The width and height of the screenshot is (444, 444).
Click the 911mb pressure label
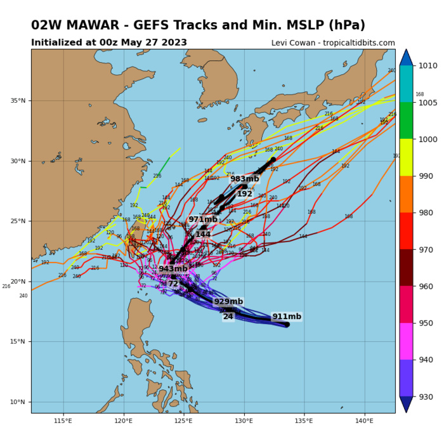click(x=287, y=317)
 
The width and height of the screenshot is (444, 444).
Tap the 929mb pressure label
click(x=228, y=302)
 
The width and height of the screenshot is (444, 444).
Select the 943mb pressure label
click(x=173, y=269)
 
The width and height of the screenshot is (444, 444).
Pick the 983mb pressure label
click(x=245, y=179)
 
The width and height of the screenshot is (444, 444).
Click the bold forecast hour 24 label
click(x=228, y=317)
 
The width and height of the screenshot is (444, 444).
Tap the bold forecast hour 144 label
click(x=203, y=235)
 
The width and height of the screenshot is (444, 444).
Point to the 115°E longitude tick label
click(x=63, y=420)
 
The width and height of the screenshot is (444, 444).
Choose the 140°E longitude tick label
click(x=364, y=420)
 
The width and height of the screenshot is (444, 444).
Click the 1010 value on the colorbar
click(x=426, y=65)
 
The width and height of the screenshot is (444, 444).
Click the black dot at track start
click(x=287, y=325)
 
